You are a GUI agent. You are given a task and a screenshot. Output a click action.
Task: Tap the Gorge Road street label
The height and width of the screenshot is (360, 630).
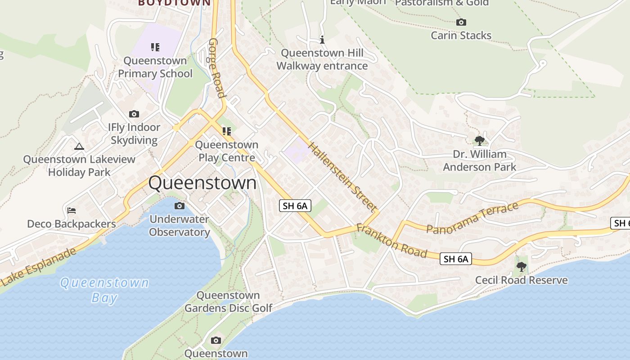[216, 68]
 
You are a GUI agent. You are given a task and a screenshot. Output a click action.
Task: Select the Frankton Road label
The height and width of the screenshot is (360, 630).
[391, 241]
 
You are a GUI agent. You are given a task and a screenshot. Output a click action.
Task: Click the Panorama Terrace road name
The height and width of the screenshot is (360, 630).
[472, 218]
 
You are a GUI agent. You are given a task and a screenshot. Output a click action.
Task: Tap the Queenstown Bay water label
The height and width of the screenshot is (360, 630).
[104, 290]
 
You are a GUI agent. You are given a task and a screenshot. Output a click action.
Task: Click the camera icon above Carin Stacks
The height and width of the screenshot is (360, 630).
[461, 22]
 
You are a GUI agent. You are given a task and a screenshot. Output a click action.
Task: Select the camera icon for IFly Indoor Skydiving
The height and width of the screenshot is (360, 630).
[134, 114]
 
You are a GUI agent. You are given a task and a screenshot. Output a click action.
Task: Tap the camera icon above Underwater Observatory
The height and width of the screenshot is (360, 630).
[179, 206]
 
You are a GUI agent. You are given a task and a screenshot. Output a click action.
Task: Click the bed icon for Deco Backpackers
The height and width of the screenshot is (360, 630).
[71, 210]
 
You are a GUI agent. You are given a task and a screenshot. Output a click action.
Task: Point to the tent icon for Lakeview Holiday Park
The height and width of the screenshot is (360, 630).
[79, 146]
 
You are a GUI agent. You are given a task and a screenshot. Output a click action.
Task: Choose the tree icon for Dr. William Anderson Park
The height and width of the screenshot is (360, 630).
[480, 140]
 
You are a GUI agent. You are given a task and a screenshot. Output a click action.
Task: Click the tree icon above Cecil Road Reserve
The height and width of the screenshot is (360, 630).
[522, 267]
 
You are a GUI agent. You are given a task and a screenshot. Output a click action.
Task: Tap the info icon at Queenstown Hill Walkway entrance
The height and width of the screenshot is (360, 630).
[322, 40]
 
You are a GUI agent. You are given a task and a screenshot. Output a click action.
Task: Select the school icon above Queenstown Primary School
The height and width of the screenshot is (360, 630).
[155, 47]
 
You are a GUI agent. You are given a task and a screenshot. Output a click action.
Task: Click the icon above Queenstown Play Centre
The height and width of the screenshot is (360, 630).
[226, 131]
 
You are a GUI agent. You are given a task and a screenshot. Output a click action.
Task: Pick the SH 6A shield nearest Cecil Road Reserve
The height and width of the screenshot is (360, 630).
[456, 259]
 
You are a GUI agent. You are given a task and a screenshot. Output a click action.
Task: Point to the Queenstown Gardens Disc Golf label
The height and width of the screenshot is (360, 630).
[228, 301]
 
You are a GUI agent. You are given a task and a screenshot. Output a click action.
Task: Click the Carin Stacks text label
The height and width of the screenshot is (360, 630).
[461, 36]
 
